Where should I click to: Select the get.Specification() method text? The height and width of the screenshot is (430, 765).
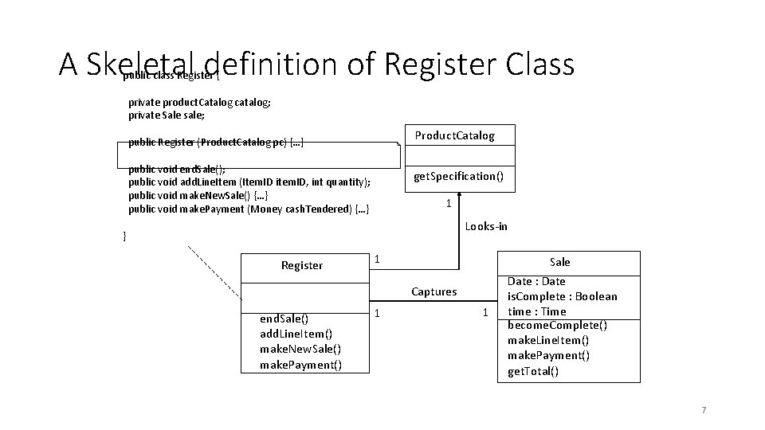pos(458,176)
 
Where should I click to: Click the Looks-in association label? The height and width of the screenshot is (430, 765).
pos(486,226)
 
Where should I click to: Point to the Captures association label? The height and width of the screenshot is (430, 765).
pos(434,291)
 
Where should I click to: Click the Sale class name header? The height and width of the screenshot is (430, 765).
pos(559,262)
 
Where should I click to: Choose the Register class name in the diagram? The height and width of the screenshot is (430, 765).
pos(302,265)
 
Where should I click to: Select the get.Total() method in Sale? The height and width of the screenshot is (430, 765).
pos(533,371)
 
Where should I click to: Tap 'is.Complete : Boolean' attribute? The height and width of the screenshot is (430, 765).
pos(562,296)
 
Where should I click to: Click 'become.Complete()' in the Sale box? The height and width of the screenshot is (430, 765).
pos(557,326)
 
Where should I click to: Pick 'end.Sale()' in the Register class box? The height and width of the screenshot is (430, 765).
pos(284,319)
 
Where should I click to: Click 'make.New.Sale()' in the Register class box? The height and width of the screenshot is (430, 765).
pos(300,350)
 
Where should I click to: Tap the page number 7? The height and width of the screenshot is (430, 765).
pos(703,410)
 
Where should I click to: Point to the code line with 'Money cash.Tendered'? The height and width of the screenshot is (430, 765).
pos(249,209)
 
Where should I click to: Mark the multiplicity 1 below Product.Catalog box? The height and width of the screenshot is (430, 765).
pos(449,204)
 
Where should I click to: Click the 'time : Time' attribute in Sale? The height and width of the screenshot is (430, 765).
pos(536,311)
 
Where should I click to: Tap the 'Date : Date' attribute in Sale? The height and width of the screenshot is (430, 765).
pos(536,281)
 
